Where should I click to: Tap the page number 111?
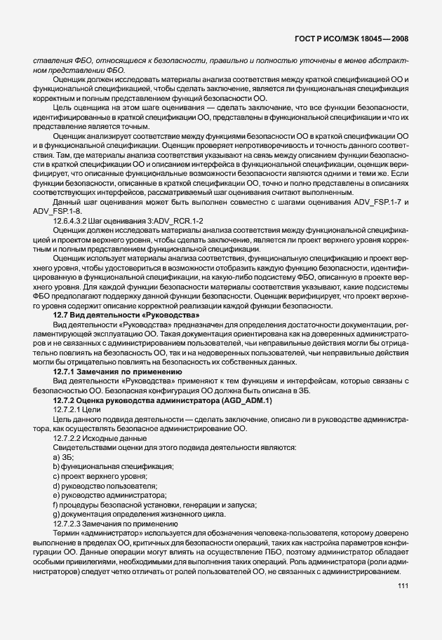coord(403,586)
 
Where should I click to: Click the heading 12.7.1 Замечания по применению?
coord(113,371)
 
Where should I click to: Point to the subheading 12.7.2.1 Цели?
coord(77,409)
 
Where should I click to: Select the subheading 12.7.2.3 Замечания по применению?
coord(108,523)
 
